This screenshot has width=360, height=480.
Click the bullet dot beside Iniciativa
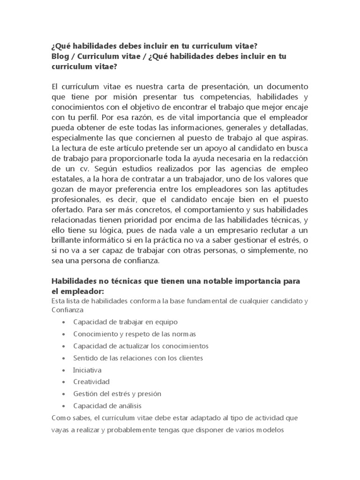pyautogui.click(x=63, y=370)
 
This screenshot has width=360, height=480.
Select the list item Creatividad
pyautogui.click(x=91, y=382)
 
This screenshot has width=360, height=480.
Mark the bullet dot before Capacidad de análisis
pyautogui.click(x=63, y=406)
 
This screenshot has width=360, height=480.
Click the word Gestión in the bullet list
pyautogui.click(x=85, y=394)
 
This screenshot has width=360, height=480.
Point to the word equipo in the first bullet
pyautogui.click(x=166, y=322)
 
